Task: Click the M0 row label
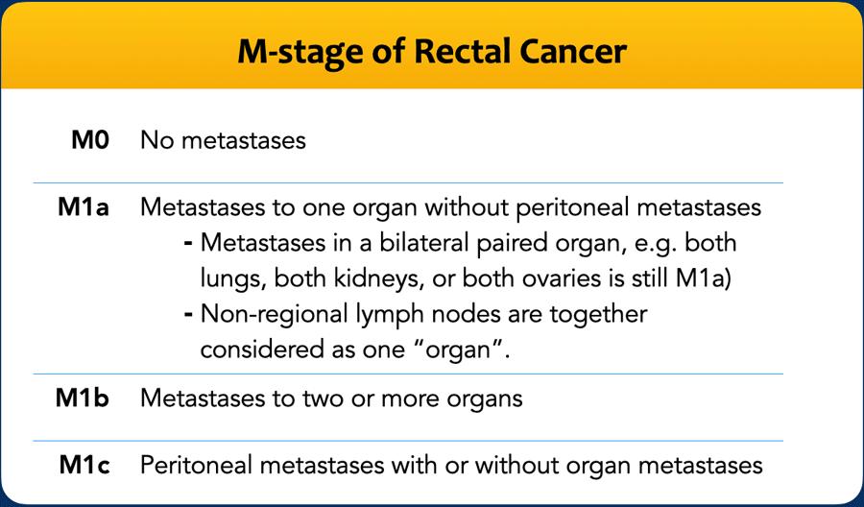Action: coord(90,140)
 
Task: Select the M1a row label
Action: coord(84,207)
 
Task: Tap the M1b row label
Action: coord(83,398)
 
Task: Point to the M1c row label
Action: coord(84,465)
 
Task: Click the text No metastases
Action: coord(223,140)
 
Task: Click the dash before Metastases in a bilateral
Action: coord(188,243)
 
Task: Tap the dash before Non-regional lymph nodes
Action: coord(188,315)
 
